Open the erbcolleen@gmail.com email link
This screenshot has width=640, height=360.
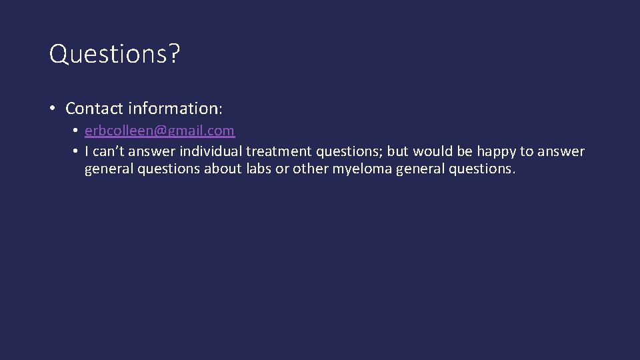coord(159,131)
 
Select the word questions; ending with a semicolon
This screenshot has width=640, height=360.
coord(335,151)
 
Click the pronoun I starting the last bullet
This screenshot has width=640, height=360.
coord(87,151)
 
